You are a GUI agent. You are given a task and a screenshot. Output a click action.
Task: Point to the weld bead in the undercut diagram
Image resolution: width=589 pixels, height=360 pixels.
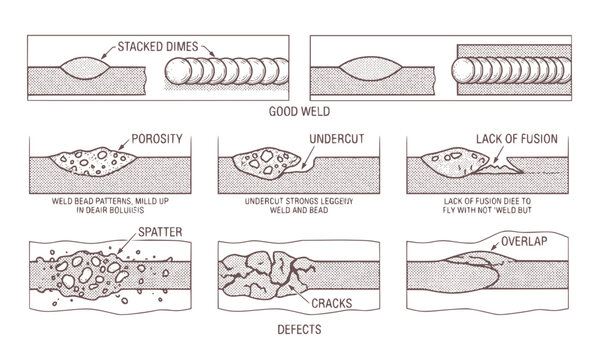coord(265,162)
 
